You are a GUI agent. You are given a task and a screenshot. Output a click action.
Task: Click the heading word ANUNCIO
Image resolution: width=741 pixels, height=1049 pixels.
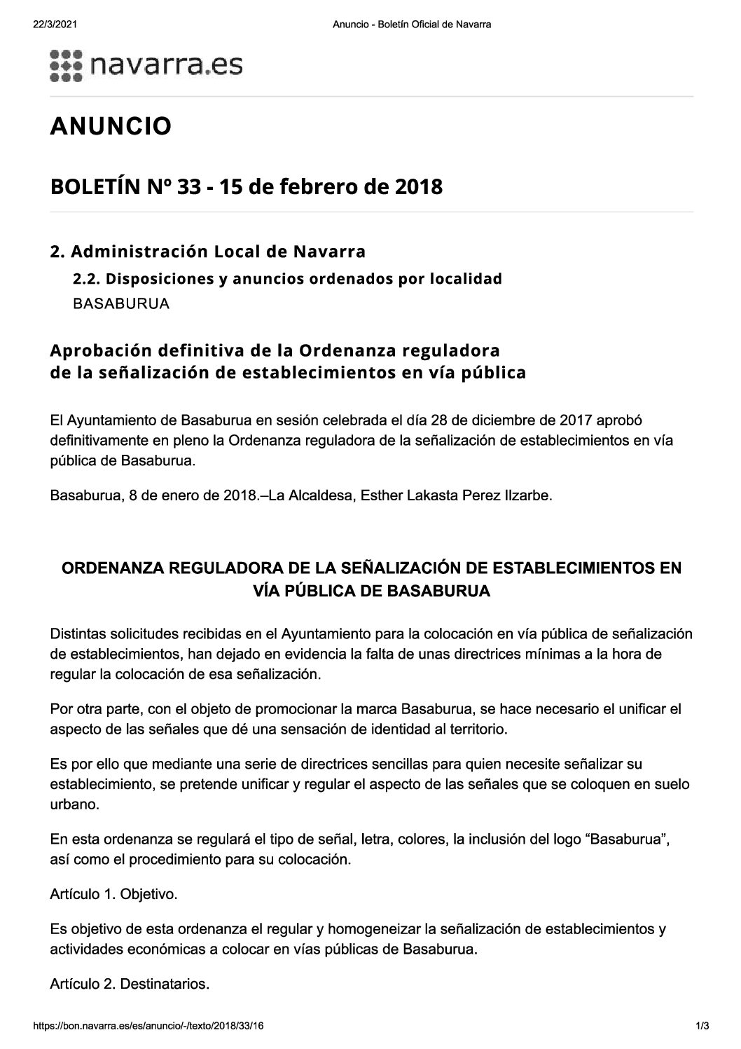click(x=111, y=127)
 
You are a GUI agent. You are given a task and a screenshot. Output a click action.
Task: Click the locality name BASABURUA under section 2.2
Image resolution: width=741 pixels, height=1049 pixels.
click(x=121, y=305)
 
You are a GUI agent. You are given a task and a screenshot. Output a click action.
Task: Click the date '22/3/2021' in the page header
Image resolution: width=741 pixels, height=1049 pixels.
click(x=54, y=25)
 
